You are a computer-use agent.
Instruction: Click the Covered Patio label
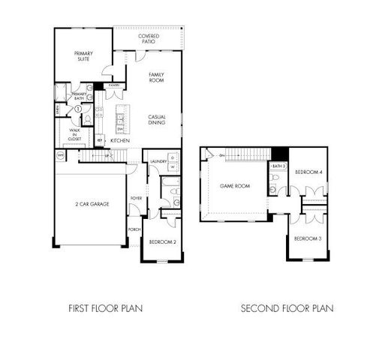[x=148, y=39]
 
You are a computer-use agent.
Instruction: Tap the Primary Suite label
[x=83, y=56]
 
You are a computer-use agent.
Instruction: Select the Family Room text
[x=156, y=77]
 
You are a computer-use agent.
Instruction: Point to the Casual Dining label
[x=157, y=118]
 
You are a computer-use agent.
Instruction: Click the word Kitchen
[x=120, y=140]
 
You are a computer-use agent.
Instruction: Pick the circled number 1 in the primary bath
[x=77, y=109]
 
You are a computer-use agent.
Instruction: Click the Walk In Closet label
[x=74, y=134]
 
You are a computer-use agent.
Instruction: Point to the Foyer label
[x=136, y=198]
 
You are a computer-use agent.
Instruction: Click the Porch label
[x=134, y=229]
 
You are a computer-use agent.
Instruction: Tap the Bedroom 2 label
[x=162, y=241]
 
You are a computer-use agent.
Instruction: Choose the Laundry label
[x=158, y=161]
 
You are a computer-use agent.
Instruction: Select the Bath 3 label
[x=278, y=166]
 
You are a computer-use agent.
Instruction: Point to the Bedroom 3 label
[x=307, y=238]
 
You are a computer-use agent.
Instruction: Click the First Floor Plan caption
[x=105, y=308]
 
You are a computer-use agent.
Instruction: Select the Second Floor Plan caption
[x=287, y=308]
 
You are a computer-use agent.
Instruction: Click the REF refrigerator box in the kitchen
[x=100, y=139]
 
